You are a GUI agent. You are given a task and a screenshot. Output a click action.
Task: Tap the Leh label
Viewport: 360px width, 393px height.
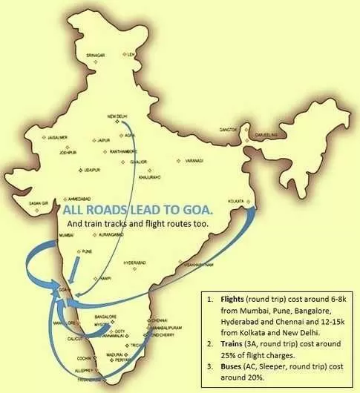tap(132, 55)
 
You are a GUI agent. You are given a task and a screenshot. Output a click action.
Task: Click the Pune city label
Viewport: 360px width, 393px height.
tap(87, 251)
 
